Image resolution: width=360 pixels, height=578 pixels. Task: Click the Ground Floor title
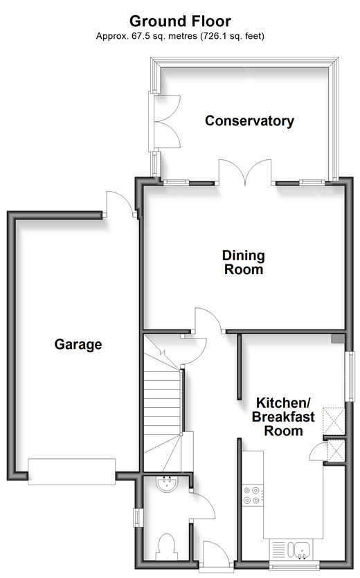[x=180, y=21]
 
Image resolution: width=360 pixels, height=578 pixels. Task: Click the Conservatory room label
[x=249, y=120]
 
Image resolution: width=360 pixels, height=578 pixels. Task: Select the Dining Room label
[x=244, y=262]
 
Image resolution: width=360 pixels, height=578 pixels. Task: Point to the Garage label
[x=78, y=344]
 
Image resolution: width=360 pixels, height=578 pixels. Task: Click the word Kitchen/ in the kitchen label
[x=283, y=402]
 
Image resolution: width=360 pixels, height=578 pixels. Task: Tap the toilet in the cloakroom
[x=166, y=547]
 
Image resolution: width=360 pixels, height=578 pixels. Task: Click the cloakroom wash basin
[x=167, y=484]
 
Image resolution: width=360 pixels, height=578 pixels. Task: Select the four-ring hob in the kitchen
[x=253, y=495]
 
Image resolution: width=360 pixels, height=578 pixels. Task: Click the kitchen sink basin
[x=301, y=550]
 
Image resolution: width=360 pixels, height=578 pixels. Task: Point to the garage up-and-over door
[x=71, y=471]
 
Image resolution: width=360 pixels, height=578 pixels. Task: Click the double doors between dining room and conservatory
[x=245, y=172]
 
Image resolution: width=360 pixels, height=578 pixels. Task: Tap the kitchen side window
[x=350, y=376]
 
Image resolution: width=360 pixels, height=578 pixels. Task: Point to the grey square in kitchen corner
[x=337, y=338]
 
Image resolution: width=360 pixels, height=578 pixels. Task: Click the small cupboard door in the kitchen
[x=318, y=451]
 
